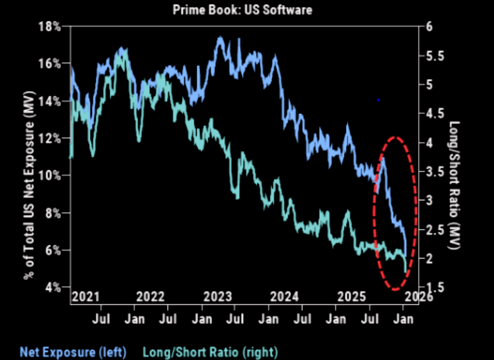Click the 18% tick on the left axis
point(50,26)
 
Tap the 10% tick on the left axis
point(50,175)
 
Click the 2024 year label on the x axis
point(285,297)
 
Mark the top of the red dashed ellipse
point(394,137)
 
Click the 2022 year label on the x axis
point(152,297)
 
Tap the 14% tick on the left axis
point(50,101)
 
